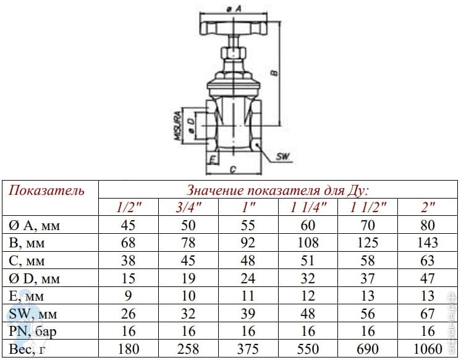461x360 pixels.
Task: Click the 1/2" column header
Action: [129, 207]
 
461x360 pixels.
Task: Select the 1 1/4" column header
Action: [308, 207]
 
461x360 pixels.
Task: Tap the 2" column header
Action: [428, 207]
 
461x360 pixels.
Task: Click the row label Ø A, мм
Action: [34, 226]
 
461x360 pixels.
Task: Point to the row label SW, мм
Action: [33, 314]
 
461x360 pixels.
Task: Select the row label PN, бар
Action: [32, 332]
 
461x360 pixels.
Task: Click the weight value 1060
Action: [428, 349]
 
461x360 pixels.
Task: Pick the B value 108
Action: [308, 243]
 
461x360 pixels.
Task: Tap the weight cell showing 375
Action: [248, 349]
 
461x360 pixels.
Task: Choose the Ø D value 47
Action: [428, 278]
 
